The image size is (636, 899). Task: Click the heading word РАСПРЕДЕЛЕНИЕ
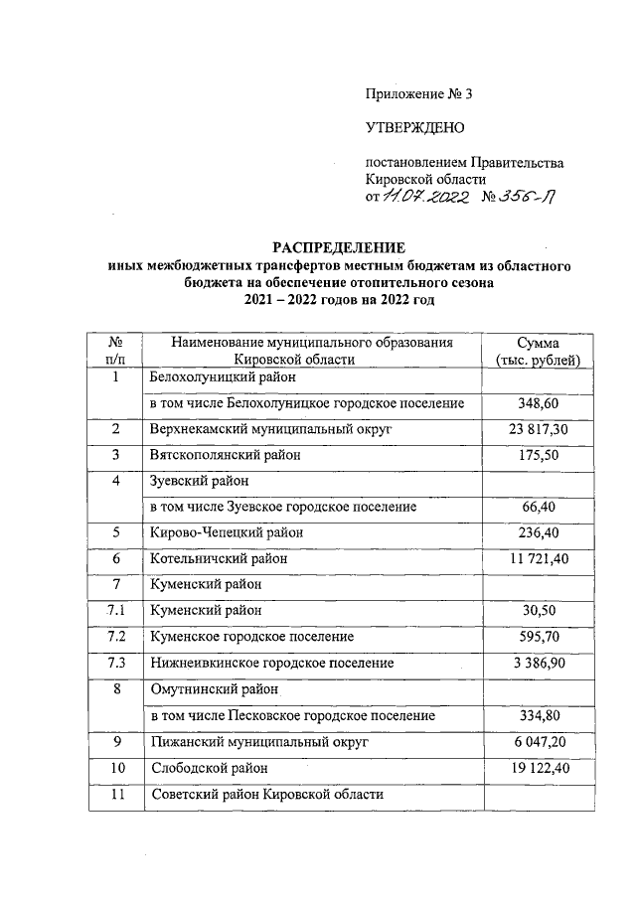point(341,247)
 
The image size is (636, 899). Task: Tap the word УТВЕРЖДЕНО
point(414,127)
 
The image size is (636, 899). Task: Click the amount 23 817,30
point(537,429)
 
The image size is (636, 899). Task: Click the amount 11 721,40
point(537,559)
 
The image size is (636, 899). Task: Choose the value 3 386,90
point(537,663)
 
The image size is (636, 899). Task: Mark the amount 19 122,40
point(537,768)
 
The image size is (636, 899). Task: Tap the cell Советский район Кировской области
point(266,794)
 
